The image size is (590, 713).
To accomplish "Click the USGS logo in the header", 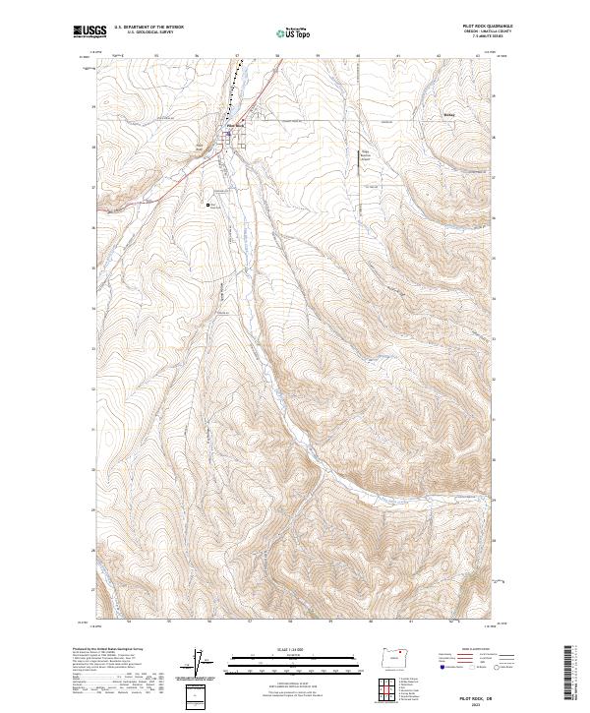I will (90, 31).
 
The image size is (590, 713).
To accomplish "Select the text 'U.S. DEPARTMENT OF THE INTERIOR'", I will (148, 28).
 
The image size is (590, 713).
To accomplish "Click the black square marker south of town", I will (208, 205).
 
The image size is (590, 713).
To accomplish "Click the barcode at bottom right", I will (567, 671).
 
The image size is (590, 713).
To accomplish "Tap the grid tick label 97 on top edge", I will (237, 55).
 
